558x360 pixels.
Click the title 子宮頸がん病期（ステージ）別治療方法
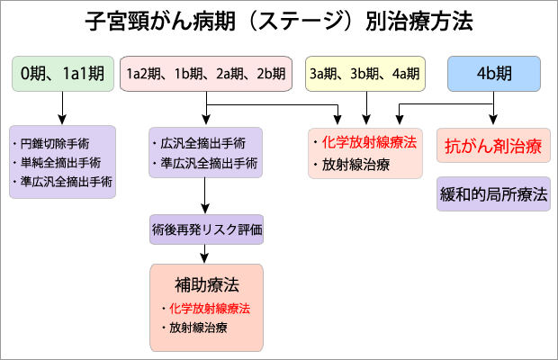[279, 21]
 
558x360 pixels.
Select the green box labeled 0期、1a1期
[62, 73]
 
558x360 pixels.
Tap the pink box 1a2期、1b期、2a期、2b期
[207, 73]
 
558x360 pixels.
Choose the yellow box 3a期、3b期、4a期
[365, 73]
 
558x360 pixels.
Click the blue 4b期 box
[495, 73]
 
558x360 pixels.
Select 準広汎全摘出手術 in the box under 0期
[62, 182]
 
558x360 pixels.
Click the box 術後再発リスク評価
[207, 229]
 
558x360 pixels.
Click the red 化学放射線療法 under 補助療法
[209, 308]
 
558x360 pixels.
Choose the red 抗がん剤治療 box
[493, 146]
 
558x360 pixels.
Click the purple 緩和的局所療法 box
[493, 193]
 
